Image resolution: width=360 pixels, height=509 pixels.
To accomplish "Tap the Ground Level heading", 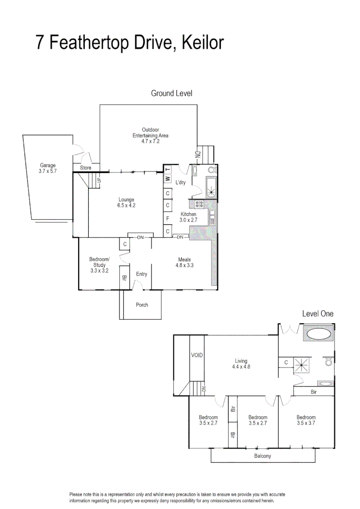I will (172, 93).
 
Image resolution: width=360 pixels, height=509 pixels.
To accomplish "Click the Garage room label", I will (48, 165).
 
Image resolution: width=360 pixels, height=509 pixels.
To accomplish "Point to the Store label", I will (86, 168).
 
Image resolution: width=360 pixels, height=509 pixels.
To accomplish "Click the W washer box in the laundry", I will (167, 179).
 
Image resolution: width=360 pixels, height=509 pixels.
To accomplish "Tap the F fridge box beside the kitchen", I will (167, 218).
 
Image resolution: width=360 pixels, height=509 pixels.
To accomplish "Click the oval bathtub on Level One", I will (319, 335).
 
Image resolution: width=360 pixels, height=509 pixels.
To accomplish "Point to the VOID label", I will (196, 355).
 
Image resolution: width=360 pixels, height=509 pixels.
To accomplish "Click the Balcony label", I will (262, 456).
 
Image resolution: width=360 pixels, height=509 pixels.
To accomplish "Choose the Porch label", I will (142, 305).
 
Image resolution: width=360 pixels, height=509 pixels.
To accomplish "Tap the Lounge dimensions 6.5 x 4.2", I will (126, 205).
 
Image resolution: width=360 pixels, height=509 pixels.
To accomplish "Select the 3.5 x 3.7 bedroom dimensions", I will (306, 423).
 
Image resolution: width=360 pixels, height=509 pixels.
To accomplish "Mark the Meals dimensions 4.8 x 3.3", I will (184, 265).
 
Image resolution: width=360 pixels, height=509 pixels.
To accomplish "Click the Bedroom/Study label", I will (99, 262).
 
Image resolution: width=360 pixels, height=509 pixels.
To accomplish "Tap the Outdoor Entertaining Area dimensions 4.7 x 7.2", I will (150, 141).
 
